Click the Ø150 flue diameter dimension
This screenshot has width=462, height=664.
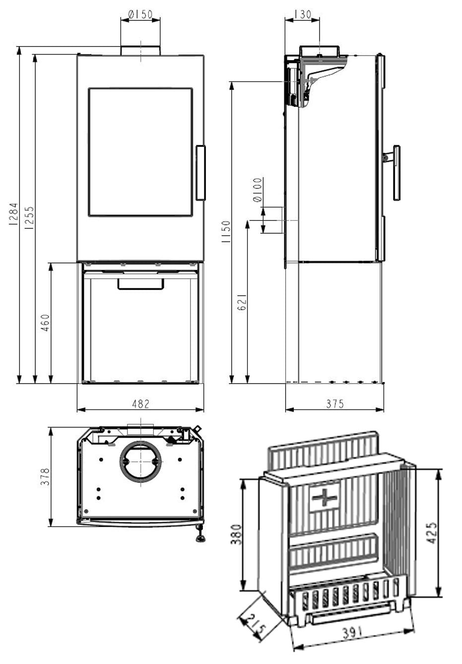point(140,15)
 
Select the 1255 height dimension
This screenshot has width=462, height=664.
point(29,217)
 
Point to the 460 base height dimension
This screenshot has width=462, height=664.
point(45,323)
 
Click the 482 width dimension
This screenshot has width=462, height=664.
point(140,404)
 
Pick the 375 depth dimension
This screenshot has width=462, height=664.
point(335,404)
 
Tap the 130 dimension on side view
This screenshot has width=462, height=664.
point(302,14)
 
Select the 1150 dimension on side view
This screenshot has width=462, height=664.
point(226,231)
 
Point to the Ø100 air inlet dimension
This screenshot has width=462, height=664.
point(257,190)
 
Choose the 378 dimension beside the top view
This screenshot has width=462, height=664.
point(45,476)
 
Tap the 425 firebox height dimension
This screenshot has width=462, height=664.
point(432,532)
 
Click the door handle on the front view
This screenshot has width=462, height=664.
point(200,173)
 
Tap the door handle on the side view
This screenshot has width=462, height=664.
point(396,173)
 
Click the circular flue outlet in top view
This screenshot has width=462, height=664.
point(141,461)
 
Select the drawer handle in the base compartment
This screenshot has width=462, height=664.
point(140,284)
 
